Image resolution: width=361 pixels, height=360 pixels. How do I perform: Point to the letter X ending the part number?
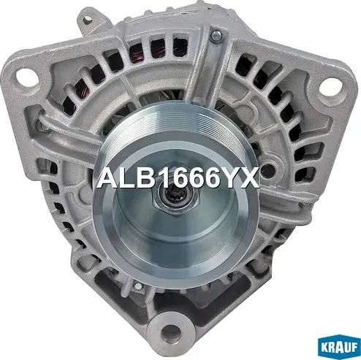tap(250, 178)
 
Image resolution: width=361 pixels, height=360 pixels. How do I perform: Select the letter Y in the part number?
tap(229, 178)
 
